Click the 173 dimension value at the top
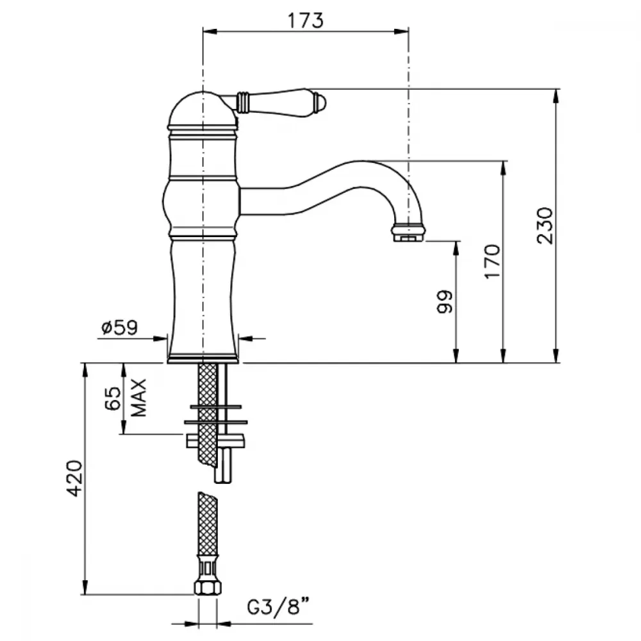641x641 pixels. [x=305, y=21]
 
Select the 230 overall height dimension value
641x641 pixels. [x=545, y=226]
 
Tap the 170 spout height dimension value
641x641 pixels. [x=492, y=262]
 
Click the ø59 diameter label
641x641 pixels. [x=120, y=328]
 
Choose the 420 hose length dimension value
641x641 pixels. [x=75, y=478]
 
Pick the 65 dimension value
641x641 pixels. [x=113, y=398]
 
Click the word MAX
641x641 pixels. [x=139, y=398]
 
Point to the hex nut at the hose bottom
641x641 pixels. [x=208, y=587]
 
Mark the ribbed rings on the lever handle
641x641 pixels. [x=242, y=101]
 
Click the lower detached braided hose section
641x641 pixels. [x=208, y=523]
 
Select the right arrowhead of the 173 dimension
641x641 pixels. [x=401, y=31]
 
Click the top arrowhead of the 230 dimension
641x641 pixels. [x=556, y=96]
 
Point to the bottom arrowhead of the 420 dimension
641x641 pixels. [x=85, y=587]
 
